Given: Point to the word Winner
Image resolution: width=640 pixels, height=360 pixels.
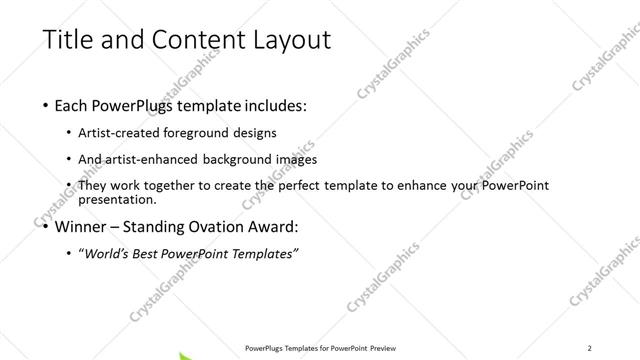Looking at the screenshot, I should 81,226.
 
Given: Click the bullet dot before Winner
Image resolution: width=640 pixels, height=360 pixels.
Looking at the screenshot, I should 48,226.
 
